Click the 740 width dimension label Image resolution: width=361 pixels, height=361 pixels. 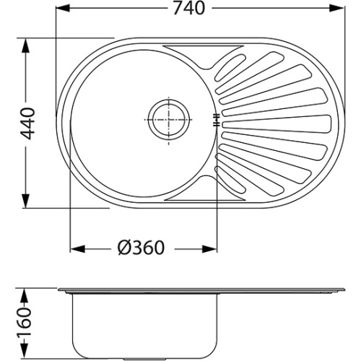pos(189,8)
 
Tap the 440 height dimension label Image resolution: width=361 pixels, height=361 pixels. pos(28,124)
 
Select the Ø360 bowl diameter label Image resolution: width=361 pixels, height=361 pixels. pos(141,248)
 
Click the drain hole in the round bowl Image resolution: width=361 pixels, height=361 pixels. pos(168,120)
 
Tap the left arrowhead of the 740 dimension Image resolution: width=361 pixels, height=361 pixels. pos(63,9)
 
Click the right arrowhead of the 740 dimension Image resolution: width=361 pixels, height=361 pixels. pos(336,9)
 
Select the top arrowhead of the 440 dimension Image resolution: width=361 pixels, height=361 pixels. pos(25,45)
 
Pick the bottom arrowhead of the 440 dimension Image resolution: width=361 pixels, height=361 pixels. pos(25,201)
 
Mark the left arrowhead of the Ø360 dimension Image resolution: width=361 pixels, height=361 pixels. pos(77,249)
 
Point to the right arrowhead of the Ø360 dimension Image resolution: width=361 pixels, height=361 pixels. pos(209,249)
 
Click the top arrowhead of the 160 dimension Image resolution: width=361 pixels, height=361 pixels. pos(25,295)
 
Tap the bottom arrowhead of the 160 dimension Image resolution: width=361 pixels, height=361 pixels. pos(25,351)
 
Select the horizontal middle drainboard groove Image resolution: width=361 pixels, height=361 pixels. pos(277,124)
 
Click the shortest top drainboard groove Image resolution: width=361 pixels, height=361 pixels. pos(230,68)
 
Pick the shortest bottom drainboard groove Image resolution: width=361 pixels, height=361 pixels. pos(230,179)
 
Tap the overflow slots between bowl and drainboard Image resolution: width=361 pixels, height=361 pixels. pos(217,120)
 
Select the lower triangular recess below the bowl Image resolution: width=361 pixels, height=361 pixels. pos(205,190)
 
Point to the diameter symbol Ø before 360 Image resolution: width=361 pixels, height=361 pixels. pos(124,248)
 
